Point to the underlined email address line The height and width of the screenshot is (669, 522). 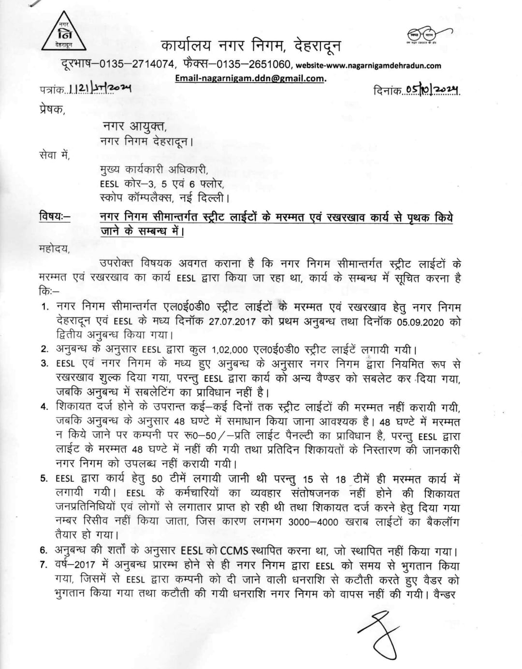tap(250, 78)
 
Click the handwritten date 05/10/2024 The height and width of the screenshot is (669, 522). tap(432, 90)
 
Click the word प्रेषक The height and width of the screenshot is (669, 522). tap(51, 109)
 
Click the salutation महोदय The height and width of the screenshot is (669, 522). tap(55, 249)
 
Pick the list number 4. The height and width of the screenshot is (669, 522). tap(44, 407)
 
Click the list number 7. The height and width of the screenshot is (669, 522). tap(44, 566)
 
